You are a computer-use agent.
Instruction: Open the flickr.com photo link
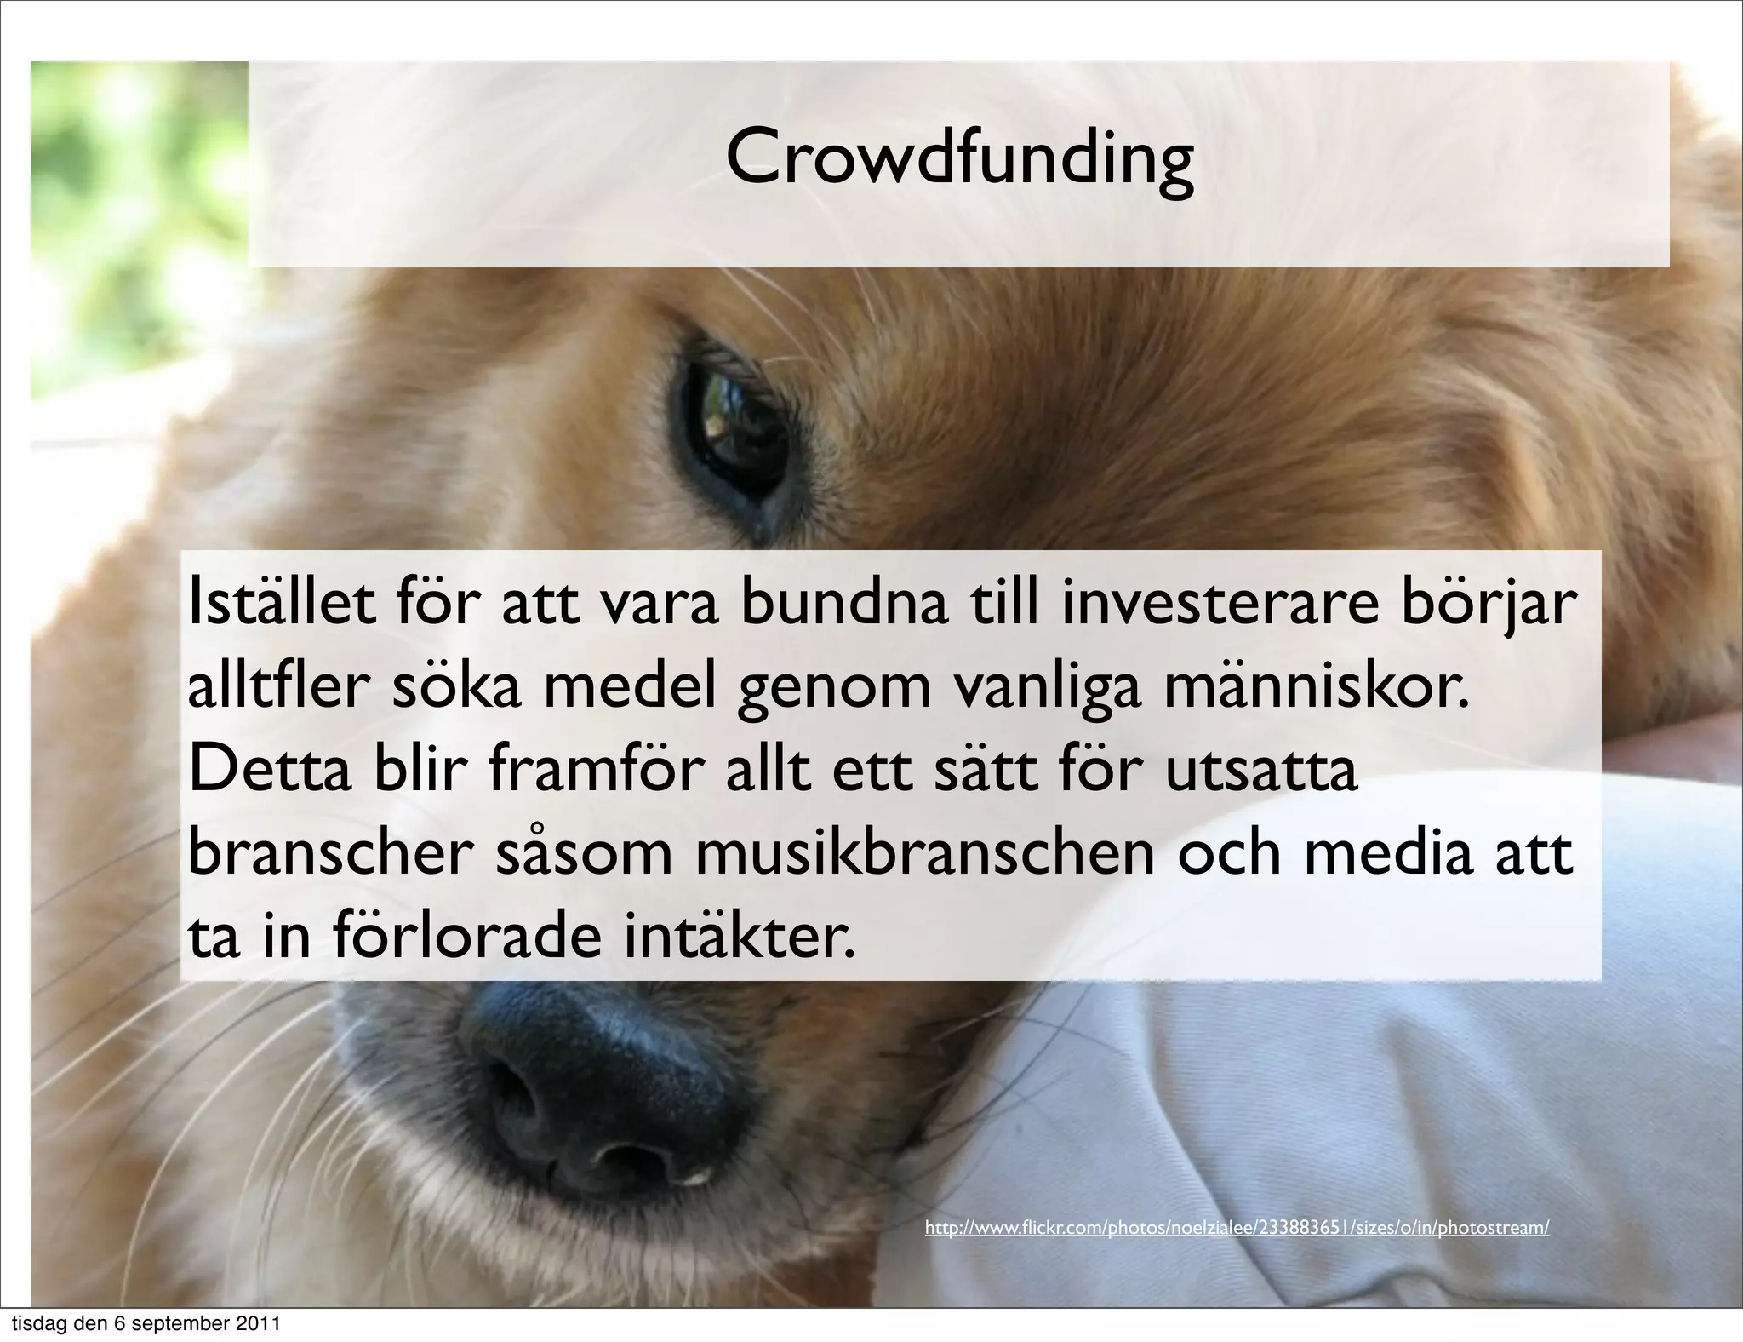pyautogui.click(x=1237, y=1228)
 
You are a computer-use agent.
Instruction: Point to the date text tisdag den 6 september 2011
pyautogui.click(x=145, y=1325)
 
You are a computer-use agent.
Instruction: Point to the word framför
pyautogui.click(x=596, y=770)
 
